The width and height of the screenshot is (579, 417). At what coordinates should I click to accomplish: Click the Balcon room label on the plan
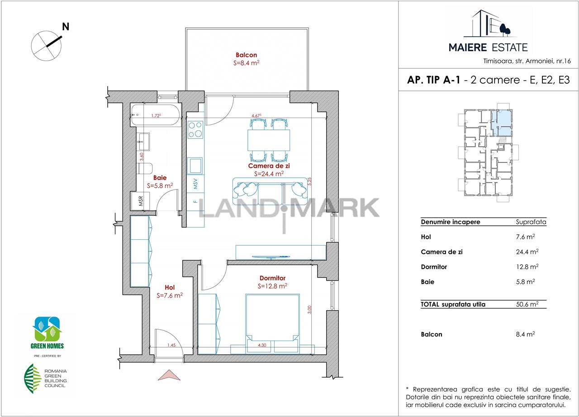pos(247,55)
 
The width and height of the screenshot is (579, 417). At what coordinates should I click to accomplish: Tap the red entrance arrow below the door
pos(169,375)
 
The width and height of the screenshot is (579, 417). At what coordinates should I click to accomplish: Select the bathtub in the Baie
pos(156,115)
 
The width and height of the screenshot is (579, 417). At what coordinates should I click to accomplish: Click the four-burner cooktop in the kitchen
pos(195,130)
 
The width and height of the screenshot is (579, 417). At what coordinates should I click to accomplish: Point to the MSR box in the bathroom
pos(140,201)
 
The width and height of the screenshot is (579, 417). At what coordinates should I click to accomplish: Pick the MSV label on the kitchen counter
pos(195,184)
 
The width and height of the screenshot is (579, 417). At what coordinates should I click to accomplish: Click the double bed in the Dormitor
pos(273,323)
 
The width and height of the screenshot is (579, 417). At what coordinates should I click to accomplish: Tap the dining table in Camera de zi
pos(269,140)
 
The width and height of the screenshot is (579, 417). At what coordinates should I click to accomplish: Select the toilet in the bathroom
pos(145,168)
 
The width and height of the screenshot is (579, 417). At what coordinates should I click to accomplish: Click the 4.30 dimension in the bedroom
pos(262,345)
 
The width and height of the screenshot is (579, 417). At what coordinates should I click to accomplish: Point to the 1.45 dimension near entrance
pos(171,345)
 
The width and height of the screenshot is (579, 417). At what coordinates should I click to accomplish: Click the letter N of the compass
pos(66,27)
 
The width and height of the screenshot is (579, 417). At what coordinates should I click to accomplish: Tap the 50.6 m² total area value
pos(527,304)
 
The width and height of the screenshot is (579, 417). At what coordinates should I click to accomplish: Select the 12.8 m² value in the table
pos(527,267)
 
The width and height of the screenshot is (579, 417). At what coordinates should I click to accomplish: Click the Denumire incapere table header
pos(451,222)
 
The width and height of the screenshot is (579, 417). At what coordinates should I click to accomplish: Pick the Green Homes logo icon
pos(47,329)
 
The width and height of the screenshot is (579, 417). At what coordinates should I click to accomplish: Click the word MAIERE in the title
pos(468,47)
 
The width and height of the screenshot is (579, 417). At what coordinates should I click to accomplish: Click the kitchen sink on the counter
pos(195,166)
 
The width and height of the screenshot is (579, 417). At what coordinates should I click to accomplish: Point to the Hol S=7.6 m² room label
pos(170,291)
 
